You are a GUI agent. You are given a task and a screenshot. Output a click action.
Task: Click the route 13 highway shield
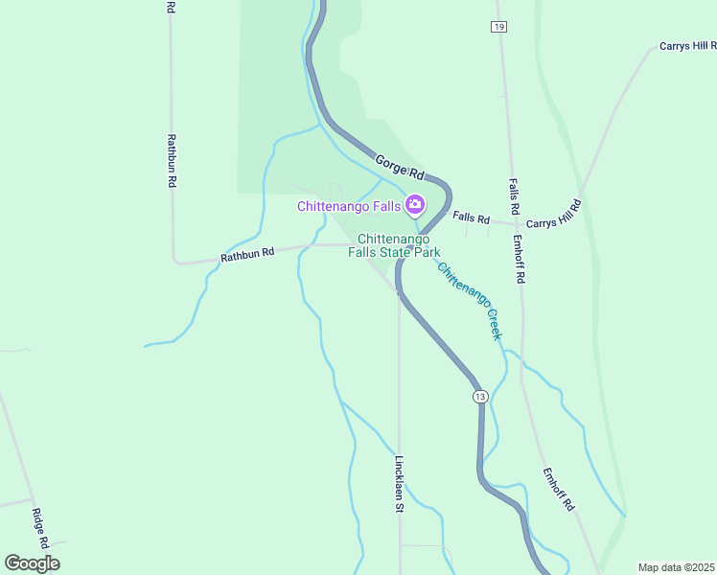click(480, 396)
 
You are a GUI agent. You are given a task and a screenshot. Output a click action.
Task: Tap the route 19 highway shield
click(498, 27)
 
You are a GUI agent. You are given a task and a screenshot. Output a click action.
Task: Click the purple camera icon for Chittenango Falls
click(415, 203)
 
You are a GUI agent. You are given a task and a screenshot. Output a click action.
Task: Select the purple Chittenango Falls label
click(349, 205)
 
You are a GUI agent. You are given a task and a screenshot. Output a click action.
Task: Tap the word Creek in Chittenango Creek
click(490, 324)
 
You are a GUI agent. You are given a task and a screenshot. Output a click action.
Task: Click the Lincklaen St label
click(399, 483)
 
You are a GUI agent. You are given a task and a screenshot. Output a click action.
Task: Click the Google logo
click(32, 563)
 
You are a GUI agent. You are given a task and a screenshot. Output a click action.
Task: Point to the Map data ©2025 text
click(675, 567)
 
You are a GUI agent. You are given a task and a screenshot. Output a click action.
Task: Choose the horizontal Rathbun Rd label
click(247, 254)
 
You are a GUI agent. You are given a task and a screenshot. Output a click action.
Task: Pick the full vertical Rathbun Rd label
click(172, 160)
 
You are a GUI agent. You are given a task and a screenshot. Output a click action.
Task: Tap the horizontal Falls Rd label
click(472, 218)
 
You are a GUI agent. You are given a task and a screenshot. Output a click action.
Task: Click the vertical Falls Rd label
click(514, 196)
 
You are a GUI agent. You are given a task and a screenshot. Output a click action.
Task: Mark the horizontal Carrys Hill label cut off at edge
click(687, 46)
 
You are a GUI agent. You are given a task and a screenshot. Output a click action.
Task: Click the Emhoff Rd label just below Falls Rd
click(520, 260)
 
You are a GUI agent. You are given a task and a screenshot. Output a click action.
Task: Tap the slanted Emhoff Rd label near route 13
click(557, 489)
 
